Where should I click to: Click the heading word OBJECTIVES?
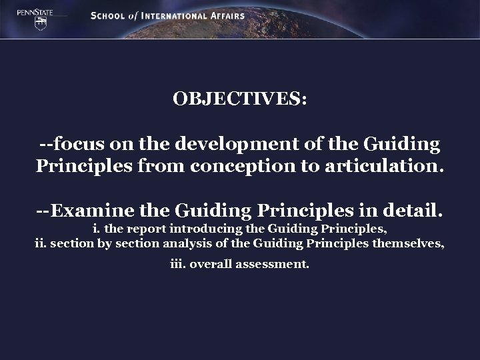tap(239, 99)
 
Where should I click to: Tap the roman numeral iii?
tap(177, 264)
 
